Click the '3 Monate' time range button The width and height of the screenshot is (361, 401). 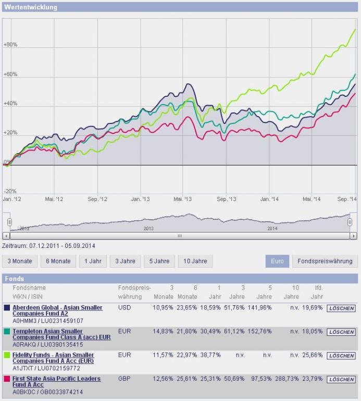tap(20, 261)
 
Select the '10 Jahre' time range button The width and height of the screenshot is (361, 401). tap(195, 261)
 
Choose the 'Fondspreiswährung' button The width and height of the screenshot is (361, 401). tap(325, 261)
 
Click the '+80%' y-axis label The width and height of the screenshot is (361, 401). tap(10, 45)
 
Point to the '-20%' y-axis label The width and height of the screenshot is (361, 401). tap(10, 191)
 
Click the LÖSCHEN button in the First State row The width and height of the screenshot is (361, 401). tap(341, 380)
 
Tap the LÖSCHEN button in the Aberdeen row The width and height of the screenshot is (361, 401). tap(341, 308)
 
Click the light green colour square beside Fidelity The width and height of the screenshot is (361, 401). tap(7, 355)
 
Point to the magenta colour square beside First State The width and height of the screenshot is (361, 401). tap(7, 379)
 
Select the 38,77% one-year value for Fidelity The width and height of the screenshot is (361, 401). tap(210, 355)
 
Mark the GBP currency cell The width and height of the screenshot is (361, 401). tap(125, 379)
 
